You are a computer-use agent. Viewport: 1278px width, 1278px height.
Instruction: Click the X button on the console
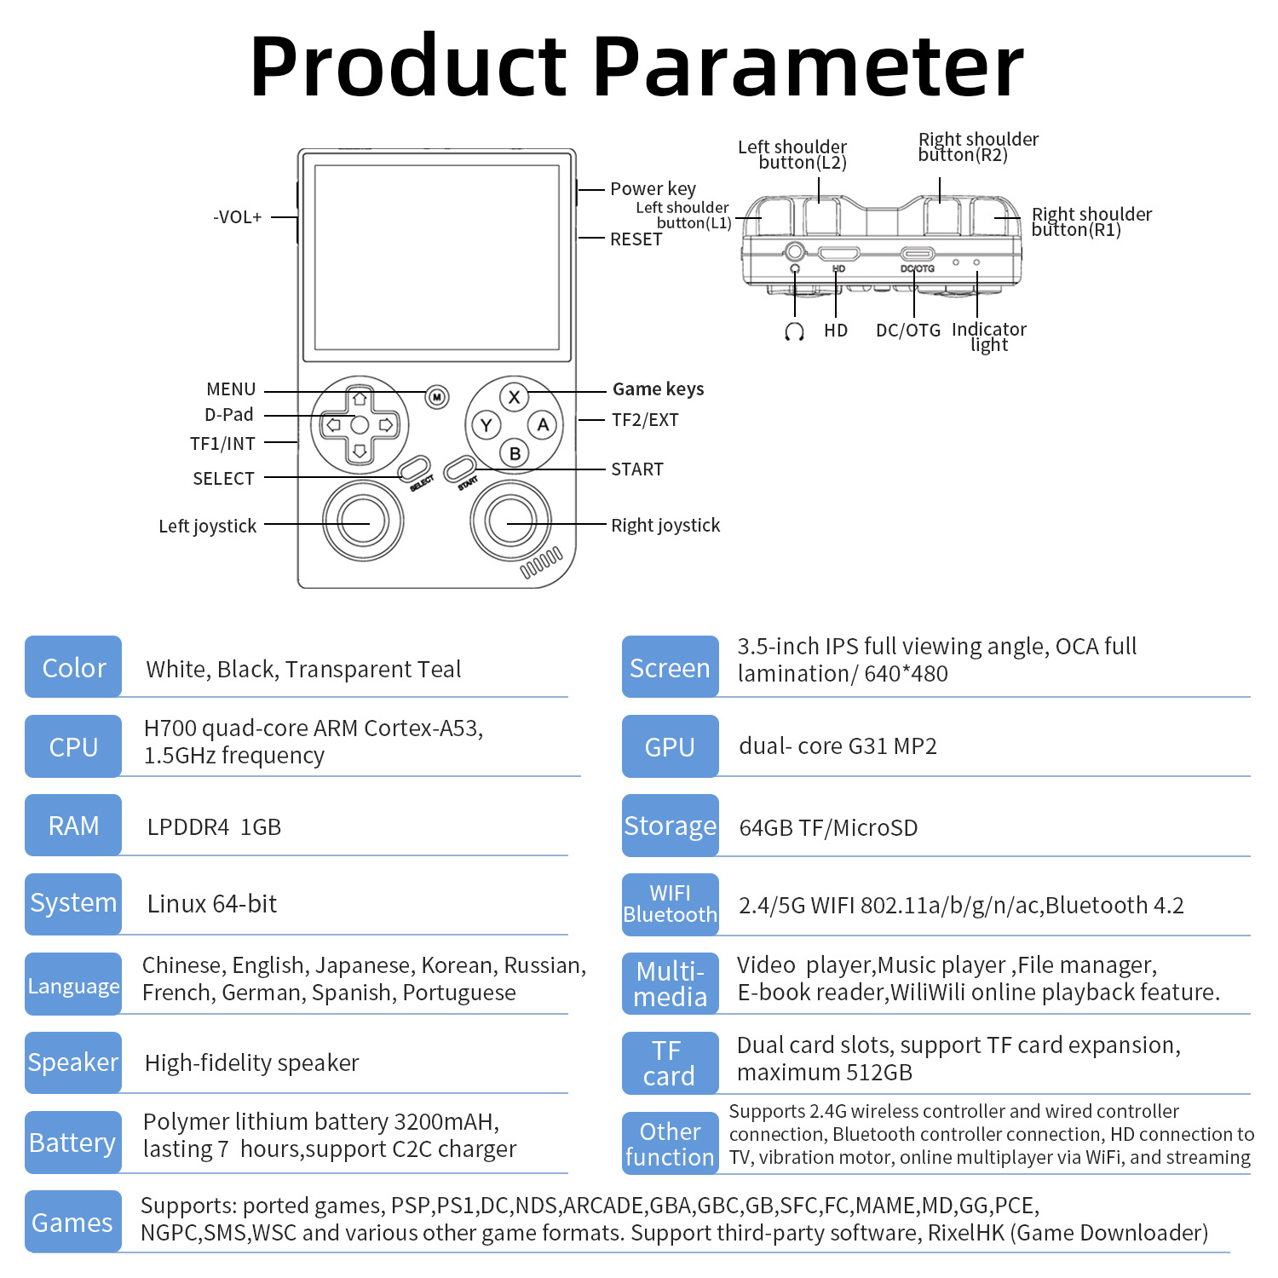[514, 397]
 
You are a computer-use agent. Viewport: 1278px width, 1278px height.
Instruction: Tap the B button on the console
[515, 453]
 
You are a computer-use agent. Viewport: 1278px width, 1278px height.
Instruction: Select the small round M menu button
[437, 397]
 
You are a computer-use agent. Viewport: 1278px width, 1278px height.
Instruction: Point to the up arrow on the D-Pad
[360, 399]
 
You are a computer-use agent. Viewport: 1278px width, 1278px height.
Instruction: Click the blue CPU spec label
[73, 746]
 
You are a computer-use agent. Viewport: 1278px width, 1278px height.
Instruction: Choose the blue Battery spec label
[73, 1143]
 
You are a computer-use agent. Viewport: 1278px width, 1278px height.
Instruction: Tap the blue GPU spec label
[670, 746]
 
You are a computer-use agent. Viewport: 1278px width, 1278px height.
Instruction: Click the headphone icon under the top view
[794, 331]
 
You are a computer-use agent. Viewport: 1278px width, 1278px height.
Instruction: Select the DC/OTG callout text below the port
[908, 331]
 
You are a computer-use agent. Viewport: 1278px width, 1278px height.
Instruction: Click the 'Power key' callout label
[653, 189]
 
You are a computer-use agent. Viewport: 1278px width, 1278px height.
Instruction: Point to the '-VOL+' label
[238, 217]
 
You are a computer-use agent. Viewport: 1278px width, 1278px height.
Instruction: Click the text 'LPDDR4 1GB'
[214, 827]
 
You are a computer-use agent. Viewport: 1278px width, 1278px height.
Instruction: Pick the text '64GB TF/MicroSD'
[828, 828]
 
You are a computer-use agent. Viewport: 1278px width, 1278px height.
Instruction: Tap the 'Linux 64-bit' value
[212, 904]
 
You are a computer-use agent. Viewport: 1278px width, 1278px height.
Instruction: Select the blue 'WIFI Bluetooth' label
[670, 904]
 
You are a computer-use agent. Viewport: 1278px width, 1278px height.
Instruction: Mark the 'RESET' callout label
[636, 239]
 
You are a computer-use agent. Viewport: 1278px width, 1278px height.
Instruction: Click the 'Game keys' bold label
[658, 389]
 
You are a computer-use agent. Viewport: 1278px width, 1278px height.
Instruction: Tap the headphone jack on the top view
[795, 252]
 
